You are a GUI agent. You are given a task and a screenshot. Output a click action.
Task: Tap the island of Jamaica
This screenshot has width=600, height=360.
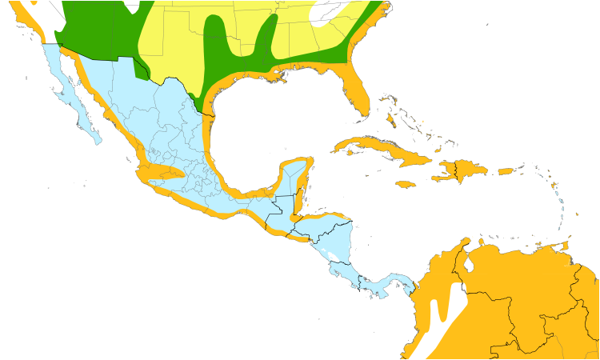click(406, 184)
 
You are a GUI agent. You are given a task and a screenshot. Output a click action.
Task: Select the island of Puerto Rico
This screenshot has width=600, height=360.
click(505, 171)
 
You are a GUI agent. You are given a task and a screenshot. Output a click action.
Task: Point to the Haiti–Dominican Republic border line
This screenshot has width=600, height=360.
click(455, 170)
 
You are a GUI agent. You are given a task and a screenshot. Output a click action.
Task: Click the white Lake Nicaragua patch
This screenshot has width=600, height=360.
click(333, 257)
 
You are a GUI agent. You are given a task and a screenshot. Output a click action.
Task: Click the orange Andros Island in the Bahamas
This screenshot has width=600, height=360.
click(390, 120)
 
